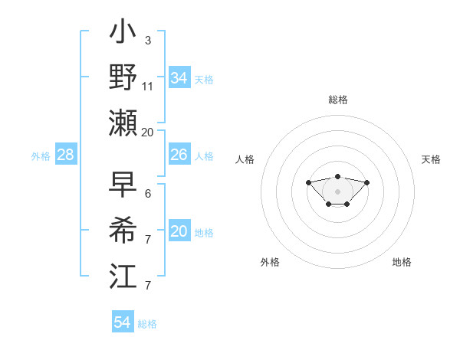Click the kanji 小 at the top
124,34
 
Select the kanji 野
124,78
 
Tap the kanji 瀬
124,123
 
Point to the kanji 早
124,185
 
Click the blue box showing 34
179,78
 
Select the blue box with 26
179,155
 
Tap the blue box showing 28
65,155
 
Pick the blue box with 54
122,322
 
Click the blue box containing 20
179,231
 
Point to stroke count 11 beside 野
148,87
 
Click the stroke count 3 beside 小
147,40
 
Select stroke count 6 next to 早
147,194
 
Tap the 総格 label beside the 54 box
147,324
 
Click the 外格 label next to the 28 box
41,156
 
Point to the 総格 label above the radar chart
337,100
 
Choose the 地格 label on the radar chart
402,262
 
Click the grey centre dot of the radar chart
337,191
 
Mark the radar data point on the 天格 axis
366,182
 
